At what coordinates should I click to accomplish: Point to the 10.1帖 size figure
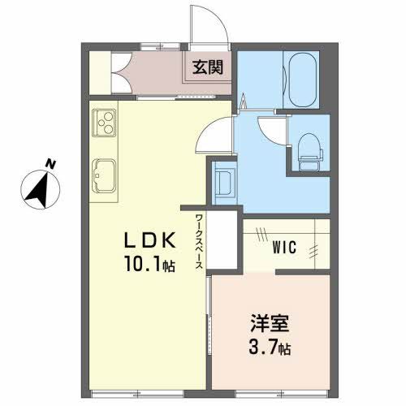(148, 266)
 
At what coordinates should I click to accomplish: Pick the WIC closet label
(283, 244)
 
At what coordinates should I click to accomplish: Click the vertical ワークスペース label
(199, 239)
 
